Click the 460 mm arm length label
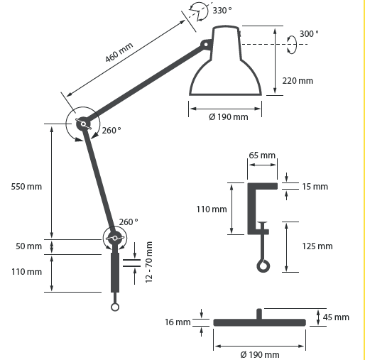(119, 53)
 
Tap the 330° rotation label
(222, 11)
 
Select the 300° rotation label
(309, 34)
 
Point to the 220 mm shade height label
(298, 81)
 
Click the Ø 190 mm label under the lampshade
(229, 117)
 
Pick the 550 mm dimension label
(26, 187)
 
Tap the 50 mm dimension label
(28, 246)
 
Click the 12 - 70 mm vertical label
(148, 262)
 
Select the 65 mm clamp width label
(262, 156)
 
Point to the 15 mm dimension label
(315, 187)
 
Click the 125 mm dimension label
(317, 246)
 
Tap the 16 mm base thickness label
(178, 322)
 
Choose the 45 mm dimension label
(336, 317)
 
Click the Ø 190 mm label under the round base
(260, 354)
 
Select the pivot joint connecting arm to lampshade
(205, 45)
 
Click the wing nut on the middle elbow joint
(83, 124)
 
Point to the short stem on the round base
(259, 314)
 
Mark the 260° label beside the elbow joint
(111, 131)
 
